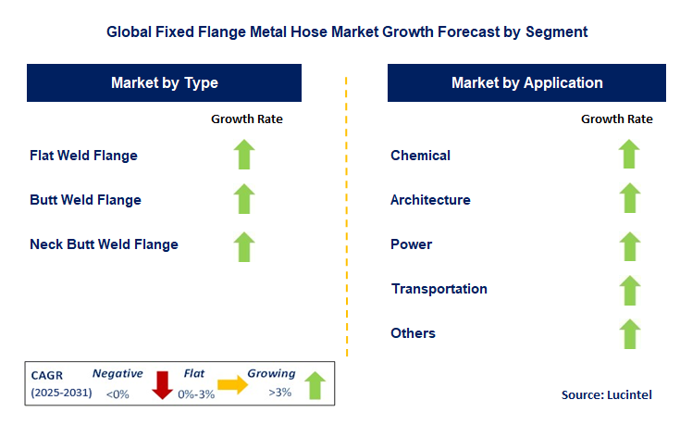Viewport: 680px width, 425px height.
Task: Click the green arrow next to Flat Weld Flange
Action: click(x=243, y=155)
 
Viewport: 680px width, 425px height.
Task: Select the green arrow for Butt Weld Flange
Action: click(x=243, y=199)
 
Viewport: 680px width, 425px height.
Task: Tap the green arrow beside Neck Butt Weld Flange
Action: click(x=243, y=245)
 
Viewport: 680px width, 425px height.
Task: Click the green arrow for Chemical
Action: click(x=629, y=155)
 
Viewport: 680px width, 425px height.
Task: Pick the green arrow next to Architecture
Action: click(x=629, y=199)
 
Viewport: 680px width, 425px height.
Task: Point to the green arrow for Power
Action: click(x=629, y=245)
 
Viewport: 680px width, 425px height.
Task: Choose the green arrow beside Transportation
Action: click(x=629, y=289)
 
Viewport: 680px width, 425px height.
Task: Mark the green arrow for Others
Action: click(x=629, y=333)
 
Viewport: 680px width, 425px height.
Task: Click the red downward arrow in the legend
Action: click(x=163, y=384)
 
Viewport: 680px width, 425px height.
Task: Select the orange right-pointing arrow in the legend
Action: click(x=232, y=385)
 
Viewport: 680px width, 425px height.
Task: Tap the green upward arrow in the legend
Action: click(x=315, y=384)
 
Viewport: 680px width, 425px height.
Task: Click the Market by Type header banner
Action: click(x=165, y=83)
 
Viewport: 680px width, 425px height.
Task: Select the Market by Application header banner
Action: click(x=526, y=83)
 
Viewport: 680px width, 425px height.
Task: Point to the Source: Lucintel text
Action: click(x=606, y=395)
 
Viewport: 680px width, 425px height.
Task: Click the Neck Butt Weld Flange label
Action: click(x=104, y=244)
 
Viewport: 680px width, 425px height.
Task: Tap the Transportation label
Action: click(x=439, y=289)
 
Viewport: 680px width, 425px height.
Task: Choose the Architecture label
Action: click(x=430, y=200)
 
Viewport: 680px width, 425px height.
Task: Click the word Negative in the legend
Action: click(x=117, y=374)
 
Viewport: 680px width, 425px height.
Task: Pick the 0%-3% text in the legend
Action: click(x=195, y=394)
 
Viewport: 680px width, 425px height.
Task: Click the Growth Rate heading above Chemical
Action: click(x=616, y=119)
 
